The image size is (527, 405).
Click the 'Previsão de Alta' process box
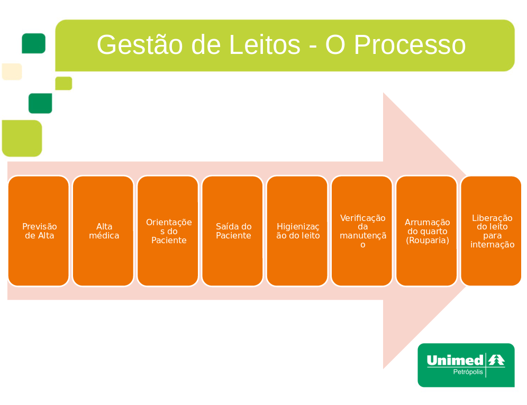39,231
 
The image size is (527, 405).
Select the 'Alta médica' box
103,231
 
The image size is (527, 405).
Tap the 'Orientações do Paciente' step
168,231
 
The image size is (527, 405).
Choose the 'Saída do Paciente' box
232,231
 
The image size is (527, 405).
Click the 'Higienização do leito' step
297,231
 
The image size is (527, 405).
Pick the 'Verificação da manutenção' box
362,231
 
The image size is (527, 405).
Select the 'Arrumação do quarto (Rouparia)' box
426,231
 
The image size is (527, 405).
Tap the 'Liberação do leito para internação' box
491,231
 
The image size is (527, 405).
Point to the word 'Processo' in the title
410,45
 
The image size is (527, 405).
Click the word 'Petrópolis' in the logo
468,372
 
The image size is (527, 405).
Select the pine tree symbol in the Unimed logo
496,360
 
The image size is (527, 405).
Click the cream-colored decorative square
12,71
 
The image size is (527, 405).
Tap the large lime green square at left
22,138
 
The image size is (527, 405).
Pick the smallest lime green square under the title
63,84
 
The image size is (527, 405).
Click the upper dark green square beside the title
33,43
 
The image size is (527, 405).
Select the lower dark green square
40,103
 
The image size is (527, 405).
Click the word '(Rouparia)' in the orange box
427,241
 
